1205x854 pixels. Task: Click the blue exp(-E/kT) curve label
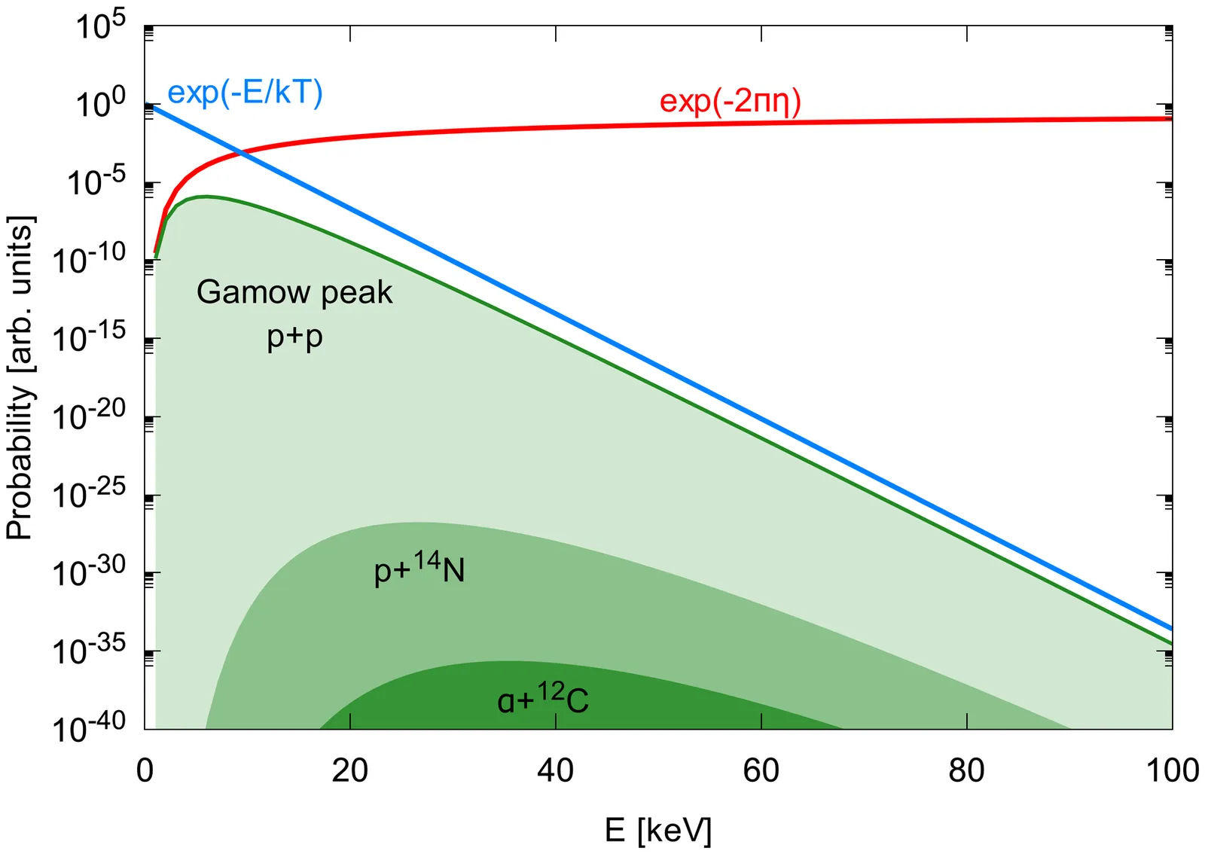click(x=245, y=93)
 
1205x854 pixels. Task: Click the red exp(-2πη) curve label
click(x=730, y=102)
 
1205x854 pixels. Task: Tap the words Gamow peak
click(x=294, y=292)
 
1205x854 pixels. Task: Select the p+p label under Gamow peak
click(x=294, y=337)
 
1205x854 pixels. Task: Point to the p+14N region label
click(x=419, y=569)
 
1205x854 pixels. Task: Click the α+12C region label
click(x=542, y=699)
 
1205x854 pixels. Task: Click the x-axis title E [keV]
click(x=657, y=830)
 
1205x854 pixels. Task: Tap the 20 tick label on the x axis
click(x=350, y=770)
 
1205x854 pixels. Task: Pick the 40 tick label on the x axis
click(x=556, y=770)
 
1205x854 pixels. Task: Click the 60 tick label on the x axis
click(x=761, y=770)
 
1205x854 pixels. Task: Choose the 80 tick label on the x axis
click(x=966, y=770)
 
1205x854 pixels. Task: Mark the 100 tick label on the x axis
click(x=1172, y=770)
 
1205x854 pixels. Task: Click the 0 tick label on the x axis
click(x=145, y=770)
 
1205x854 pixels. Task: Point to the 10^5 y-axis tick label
click(x=101, y=26)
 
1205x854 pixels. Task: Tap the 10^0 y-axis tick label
click(x=101, y=103)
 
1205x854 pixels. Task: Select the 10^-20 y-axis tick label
click(x=89, y=415)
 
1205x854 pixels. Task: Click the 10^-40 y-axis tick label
click(x=89, y=727)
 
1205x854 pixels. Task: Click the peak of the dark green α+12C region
click(x=497, y=662)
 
